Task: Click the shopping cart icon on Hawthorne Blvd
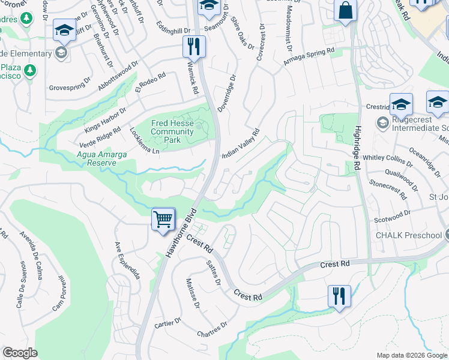[x=163, y=220]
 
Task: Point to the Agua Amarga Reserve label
[x=102, y=158]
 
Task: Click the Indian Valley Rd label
[x=240, y=143]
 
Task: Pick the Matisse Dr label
[x=192, y=293]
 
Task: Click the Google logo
[x=20, y=353]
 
